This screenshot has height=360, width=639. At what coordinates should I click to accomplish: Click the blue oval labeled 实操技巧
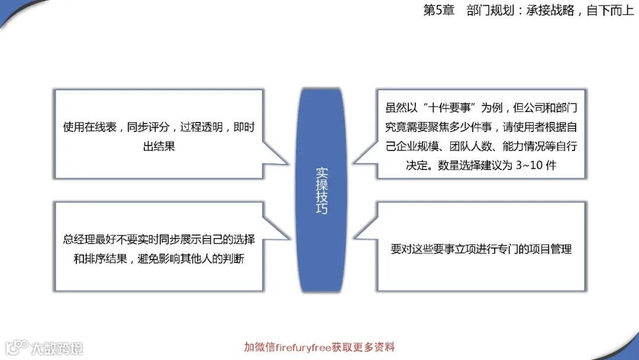tap(321, 189)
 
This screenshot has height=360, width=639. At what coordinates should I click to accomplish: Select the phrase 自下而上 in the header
tap(610, 11)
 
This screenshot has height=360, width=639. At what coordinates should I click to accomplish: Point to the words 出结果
tap(159, 146)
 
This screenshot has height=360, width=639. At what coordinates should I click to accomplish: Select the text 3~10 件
tap(535, 165)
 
